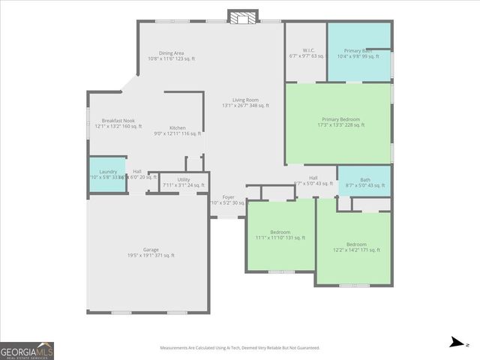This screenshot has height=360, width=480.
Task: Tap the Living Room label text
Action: coord(245,99)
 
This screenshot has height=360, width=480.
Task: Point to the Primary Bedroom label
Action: coord(340,120)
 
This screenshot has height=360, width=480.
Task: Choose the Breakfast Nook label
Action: coord(118,121)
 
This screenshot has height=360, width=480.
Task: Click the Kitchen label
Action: coord(177,128)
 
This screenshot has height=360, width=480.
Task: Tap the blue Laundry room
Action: coord(107,174)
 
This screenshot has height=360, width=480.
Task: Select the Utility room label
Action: coord(184,179)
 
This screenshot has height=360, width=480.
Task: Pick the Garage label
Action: coord(151,250)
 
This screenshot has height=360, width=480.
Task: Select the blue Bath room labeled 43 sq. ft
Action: coord(364,181)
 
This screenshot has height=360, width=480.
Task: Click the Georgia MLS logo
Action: coord(27,351)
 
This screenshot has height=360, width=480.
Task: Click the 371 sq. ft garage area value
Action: coord(166,256)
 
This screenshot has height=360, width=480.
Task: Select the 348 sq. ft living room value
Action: coord(259,106)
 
